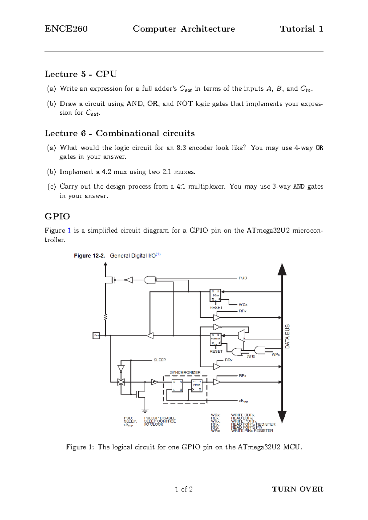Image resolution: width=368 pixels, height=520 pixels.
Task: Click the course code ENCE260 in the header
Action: (66, 29)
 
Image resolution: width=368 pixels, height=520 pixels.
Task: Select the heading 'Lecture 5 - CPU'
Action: (81, 74)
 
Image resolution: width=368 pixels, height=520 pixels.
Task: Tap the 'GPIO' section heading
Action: (57, 216)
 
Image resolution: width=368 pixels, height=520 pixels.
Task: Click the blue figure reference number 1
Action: (69, 231)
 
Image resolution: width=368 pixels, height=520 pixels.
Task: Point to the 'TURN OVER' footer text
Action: (297, 489)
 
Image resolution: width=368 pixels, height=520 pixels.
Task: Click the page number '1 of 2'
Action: (184, 489)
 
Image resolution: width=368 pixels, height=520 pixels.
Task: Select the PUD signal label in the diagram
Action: (243, 278)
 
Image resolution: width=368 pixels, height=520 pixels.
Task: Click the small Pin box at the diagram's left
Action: (96, 336)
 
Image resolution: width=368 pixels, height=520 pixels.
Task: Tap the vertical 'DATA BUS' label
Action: (287, 336)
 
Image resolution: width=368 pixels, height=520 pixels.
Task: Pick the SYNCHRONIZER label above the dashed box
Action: (185, 372)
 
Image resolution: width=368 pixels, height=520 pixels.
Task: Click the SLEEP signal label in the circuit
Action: (160, 360)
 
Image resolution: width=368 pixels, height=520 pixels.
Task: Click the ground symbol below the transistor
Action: (145, 411)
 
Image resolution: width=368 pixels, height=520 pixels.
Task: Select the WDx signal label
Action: (243, 305)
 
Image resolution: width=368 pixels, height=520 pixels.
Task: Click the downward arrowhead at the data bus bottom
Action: (282, 417)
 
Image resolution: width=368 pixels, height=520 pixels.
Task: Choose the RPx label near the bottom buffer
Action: (243, 376)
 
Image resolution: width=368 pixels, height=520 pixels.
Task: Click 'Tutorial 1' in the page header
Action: (301, 29)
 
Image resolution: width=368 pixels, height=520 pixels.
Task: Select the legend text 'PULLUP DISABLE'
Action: (160, 418)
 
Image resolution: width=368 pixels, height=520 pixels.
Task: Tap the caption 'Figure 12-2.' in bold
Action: (89, 256)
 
